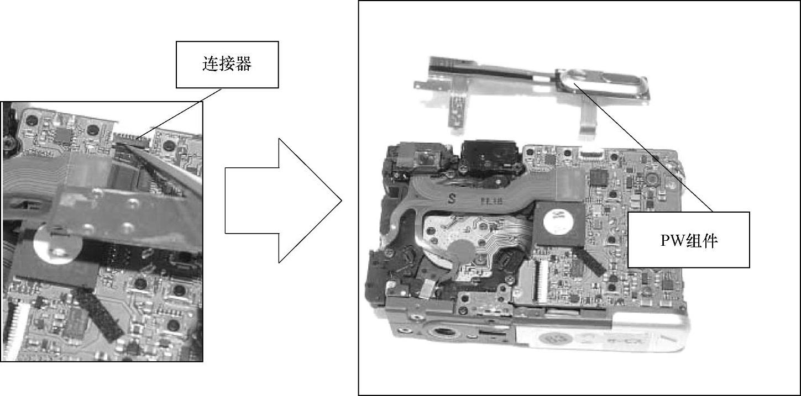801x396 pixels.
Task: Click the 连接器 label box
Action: click(x=227, y=65)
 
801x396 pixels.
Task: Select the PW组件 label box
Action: click(x=689, y=240)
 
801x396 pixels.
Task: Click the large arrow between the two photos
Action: click(x=284, y=201)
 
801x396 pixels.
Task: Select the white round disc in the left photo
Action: click(x=57, y=244)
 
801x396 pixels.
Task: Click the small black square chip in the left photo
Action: click(x=64, y=136)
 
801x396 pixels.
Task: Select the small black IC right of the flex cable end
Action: click(x=599, y=177)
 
